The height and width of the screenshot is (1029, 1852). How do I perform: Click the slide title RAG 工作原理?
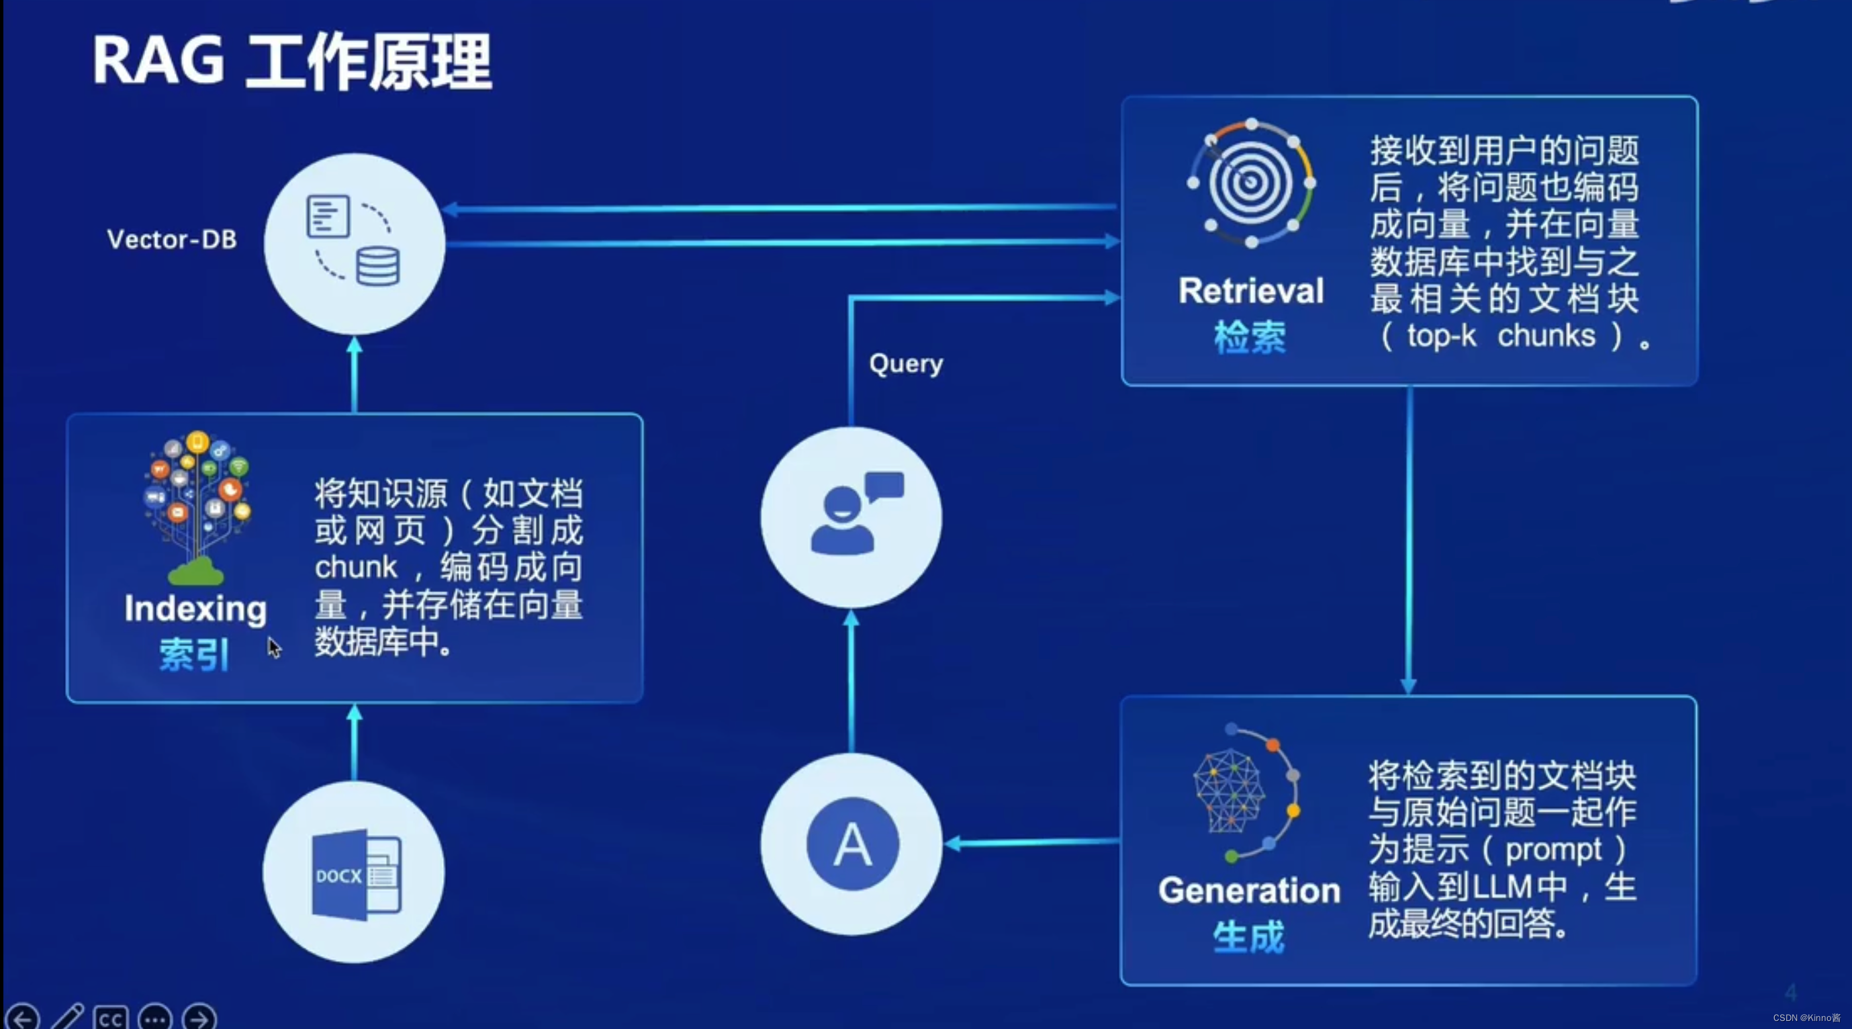[292, 62]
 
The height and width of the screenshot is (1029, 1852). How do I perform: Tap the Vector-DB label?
[172, 238]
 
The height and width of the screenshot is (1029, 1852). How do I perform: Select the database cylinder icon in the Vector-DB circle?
[378, 266]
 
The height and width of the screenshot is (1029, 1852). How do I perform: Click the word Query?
[906, 364]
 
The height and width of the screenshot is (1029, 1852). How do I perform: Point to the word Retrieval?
[1251, 292]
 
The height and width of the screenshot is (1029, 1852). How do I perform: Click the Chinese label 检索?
[1250, 337]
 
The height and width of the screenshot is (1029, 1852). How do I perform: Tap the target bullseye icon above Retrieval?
[1251, 183]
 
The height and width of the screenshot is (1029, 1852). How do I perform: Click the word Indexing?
[195, 609]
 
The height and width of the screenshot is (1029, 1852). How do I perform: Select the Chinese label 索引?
[194, 655]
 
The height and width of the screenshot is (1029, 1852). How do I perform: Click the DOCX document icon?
[356, 875]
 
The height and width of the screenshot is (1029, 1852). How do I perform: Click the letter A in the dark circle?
[853, 844]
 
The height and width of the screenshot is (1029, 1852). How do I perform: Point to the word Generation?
[1250, 891]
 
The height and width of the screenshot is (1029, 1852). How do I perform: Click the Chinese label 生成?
[1248, 938]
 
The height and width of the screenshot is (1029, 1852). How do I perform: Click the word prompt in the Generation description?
[1553, 850]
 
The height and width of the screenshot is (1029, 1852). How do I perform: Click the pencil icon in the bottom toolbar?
[68, 1018]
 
